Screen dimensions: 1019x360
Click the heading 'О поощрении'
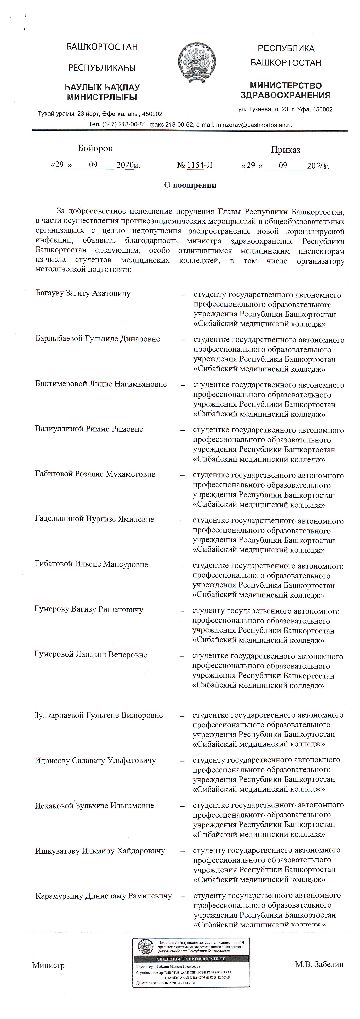pyautogui.click(x=190, y=185)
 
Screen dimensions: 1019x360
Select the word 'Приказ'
pyautogui.click(x=285, y=150)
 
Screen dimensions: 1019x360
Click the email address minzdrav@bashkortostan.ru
pyautogui.click(x=253, y=125)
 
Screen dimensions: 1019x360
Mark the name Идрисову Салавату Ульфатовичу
pyautogui.click(x=95, y=760)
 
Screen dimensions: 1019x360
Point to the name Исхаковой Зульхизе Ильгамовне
pyautogui.click(x=94, y=805)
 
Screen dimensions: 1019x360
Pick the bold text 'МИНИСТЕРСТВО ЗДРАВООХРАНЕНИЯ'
pyautogui.click(x=286, y=90)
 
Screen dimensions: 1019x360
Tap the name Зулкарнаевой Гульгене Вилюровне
pyautogui.click(x=98, y=715)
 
